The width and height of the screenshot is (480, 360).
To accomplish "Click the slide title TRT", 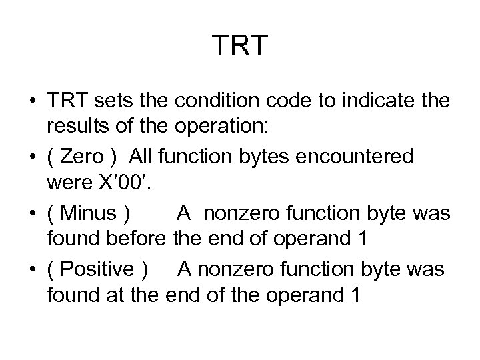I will (240, 46).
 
